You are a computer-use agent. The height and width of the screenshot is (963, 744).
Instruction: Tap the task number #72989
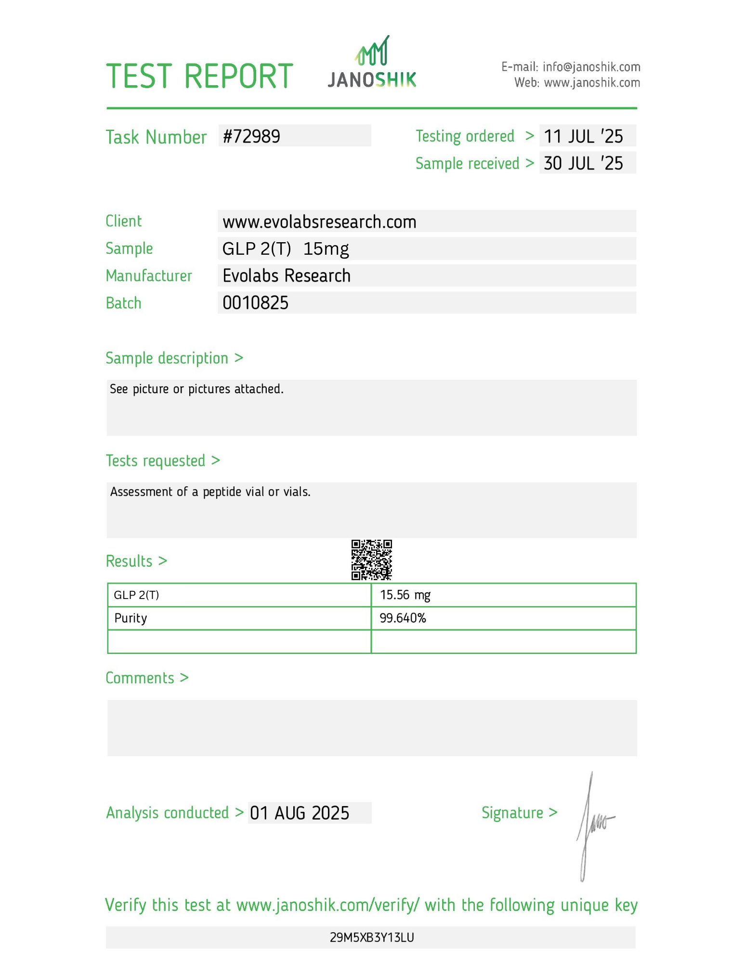click(251, 137)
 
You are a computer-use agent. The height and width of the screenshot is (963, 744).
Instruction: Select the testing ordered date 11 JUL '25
click(583, 136)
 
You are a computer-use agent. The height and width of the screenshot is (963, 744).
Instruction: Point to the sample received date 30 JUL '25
click(583, 163)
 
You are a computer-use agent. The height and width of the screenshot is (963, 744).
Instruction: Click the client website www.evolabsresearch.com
click(319, 222)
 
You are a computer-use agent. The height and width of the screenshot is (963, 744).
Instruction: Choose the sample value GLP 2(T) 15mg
click(285, 249)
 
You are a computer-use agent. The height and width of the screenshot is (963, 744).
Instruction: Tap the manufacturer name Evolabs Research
click(287, 276)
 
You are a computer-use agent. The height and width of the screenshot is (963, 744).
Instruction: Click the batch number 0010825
click(255, 303)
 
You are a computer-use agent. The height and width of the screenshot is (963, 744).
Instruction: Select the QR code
click(371, 560)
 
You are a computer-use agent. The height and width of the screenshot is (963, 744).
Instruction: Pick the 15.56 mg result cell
click(405, 595)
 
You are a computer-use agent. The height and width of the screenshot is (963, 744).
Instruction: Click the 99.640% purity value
click(403, 618)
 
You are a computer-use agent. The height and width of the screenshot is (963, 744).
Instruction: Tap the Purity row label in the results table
click(131, 618)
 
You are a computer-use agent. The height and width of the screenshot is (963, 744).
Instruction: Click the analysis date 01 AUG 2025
click(300, 813)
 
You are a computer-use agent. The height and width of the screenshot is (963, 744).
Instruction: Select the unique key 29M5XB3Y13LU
click(372, 937)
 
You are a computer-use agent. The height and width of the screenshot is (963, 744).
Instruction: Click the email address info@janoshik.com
click(591, 67)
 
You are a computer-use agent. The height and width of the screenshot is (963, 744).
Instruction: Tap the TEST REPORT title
click(199, 76)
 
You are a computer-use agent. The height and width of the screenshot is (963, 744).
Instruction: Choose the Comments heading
click(140, 678)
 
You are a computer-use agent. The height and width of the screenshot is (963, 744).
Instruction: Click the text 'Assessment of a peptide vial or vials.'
click(210, 492)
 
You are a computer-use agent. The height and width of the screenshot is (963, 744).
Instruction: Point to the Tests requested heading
click(156, 461)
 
